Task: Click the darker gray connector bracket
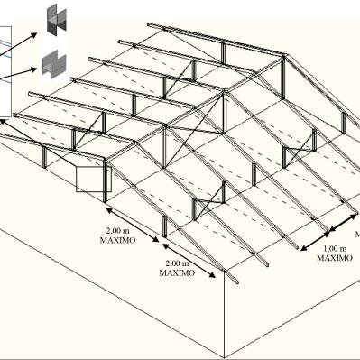[56, 19]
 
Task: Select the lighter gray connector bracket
[54, 64]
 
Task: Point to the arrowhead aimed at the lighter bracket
[33, 69]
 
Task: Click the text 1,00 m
[335, 249]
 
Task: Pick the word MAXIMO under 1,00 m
[335, 258]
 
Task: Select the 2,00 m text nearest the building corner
[177, 263]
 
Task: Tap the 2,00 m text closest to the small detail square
[117, 231]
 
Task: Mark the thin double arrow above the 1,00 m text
[315, 241]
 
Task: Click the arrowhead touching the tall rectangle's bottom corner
[3, 122]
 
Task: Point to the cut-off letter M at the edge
[357, 234]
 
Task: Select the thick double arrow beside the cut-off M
[345, 222]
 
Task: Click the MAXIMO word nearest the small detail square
[117, 241]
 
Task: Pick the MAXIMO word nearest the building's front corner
[177, 273]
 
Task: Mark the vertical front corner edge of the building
[225, 314]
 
